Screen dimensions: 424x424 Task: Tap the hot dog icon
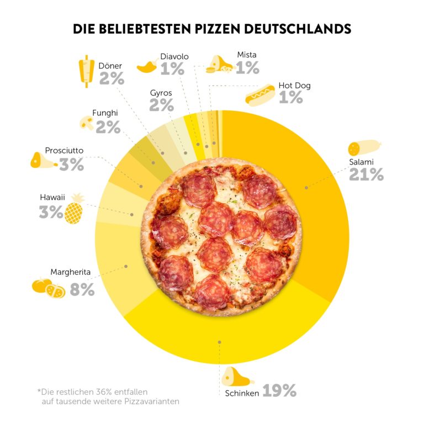(260, 95)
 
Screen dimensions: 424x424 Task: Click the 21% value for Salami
(366, 174)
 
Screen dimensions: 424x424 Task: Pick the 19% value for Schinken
(279, 391)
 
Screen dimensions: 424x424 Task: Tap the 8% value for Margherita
(82, 289)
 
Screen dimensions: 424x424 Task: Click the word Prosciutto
(64, 150)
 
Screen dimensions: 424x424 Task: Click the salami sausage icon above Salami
(364, 148)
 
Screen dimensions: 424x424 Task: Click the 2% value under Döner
(112, 78)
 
